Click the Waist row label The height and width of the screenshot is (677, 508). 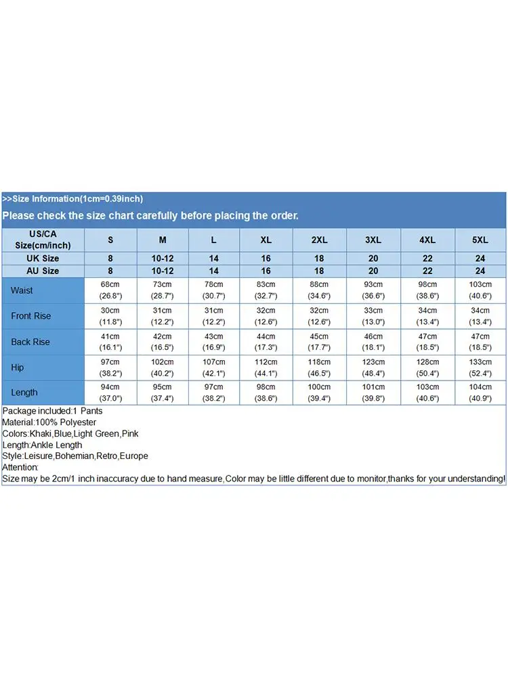(x=22, y=290)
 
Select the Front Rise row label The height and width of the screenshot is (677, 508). (x=30, y=316)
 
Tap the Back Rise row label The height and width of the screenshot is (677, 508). (x=30, y=342)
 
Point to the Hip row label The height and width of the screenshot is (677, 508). (x=18, y=367)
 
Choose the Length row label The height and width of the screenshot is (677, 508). (x=24, y=392)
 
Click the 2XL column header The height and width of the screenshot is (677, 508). (x=319, y=240)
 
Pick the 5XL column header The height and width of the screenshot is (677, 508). (x=480, y=240)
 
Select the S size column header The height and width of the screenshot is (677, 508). (x=110, y=240)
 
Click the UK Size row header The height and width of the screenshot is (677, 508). (x=42, y=258)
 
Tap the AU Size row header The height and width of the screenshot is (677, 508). (x=42, y=271)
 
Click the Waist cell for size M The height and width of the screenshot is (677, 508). (x=163, y=290)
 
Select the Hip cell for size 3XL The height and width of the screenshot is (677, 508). (x=373, y=367)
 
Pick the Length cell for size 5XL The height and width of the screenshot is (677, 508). (x=480, y=392)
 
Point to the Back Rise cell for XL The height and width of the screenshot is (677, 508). (x=266, y=342)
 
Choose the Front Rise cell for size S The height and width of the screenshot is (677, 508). (x=110, y=316)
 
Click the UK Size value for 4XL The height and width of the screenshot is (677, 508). (x=427, y=258)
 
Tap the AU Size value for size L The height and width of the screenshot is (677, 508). (x=214, y=271)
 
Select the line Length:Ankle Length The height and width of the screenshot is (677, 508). (x=42, y=445)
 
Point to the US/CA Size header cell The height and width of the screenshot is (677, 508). (x=42, y=240)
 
